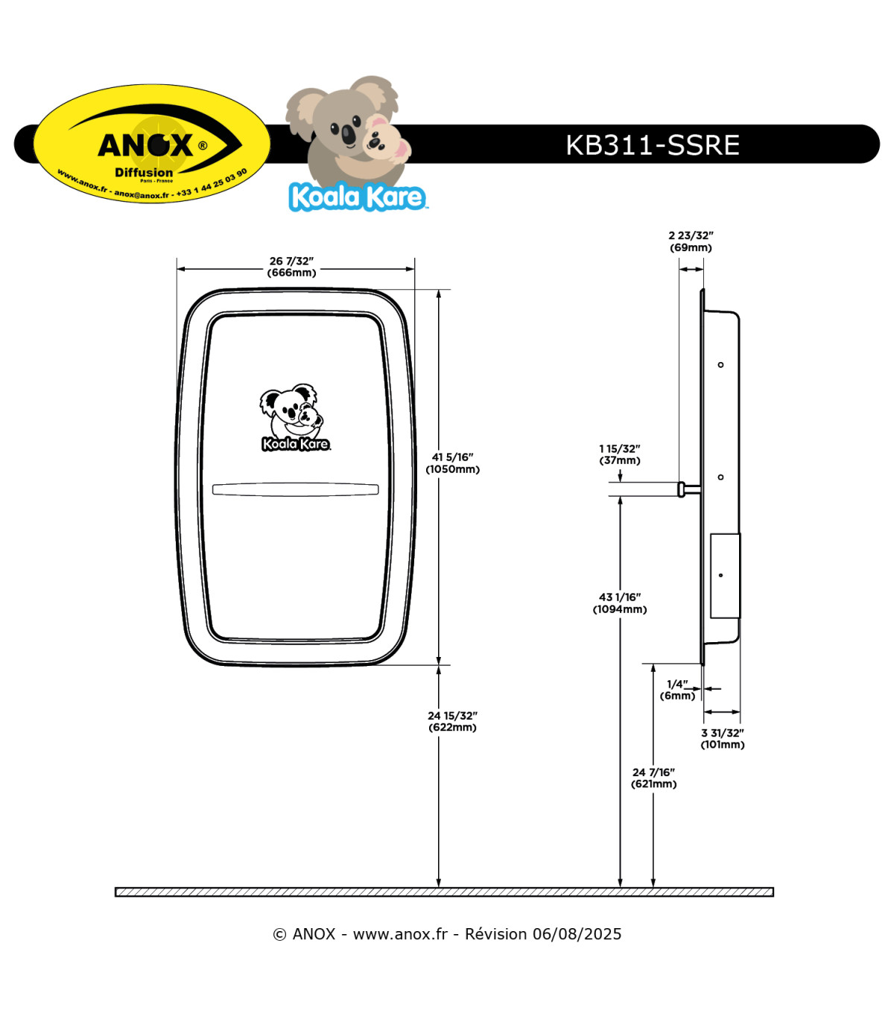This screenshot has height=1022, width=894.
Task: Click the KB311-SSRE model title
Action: [x=652, y=145]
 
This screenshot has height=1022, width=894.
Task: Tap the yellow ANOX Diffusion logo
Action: [x=152, y=143]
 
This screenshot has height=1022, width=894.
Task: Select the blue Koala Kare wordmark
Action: [x=357, y=197]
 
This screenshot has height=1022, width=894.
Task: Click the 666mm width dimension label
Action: [x=292, y=267]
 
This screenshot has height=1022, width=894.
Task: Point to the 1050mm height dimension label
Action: [x=452, y=463]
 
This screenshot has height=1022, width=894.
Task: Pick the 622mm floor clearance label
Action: [x=452, y=721]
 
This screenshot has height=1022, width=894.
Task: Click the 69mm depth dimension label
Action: [x=691, y=241]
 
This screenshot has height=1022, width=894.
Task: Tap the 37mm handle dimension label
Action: [x=620, y=454]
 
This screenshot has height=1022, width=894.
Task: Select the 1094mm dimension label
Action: [x=620, y=603]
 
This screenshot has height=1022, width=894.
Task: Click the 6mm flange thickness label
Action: [x=677, y=690]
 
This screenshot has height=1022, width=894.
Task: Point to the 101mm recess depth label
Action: [x=722, y=739]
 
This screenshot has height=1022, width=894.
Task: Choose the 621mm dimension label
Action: [x=654, y=778]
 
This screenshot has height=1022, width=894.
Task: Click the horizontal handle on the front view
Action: [x=295, y=489]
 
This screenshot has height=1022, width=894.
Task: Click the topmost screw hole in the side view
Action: [x=720, y=365]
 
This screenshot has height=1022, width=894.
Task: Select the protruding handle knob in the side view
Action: [x=682, y=489]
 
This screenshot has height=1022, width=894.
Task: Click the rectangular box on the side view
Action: [x=725, y=576]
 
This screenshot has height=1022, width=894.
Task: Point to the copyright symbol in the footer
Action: [x=279, y=935]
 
